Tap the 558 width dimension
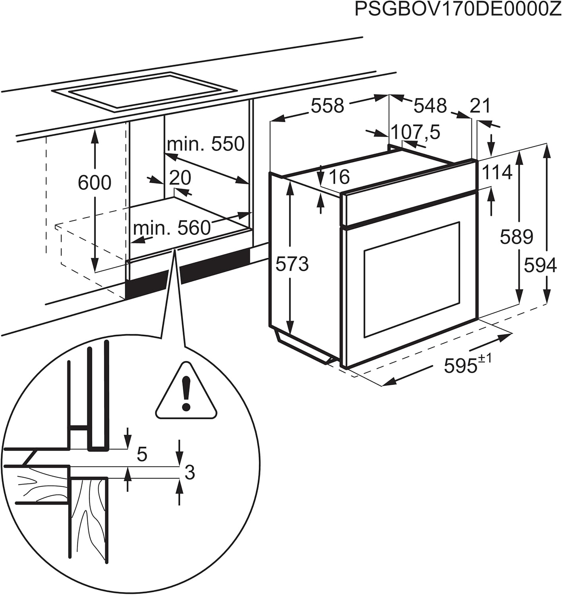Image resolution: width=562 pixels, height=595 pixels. (327, 106)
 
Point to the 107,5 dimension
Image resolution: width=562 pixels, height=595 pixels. (415, 132)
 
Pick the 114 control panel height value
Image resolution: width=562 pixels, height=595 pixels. (497, 173)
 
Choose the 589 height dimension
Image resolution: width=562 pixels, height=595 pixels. (516, 237)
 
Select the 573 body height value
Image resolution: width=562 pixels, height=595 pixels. (292, 264)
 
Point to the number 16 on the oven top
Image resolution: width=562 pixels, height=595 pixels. (339, 177)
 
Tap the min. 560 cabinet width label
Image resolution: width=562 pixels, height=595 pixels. (172, 228)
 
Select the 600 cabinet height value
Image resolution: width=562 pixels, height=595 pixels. (94, 183)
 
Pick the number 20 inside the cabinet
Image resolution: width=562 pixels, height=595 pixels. (180, 178)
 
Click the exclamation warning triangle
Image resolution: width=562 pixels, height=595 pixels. (186, 393)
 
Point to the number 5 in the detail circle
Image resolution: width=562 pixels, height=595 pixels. (141, 454)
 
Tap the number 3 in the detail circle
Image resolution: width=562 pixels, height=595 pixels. (190, 472)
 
